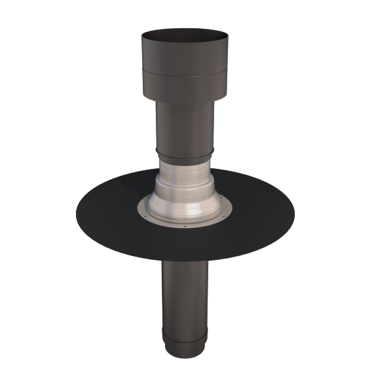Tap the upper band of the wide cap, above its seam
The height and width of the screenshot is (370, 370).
(x=184, y=56)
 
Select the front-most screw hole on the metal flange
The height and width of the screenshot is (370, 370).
(x=185, y=227)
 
